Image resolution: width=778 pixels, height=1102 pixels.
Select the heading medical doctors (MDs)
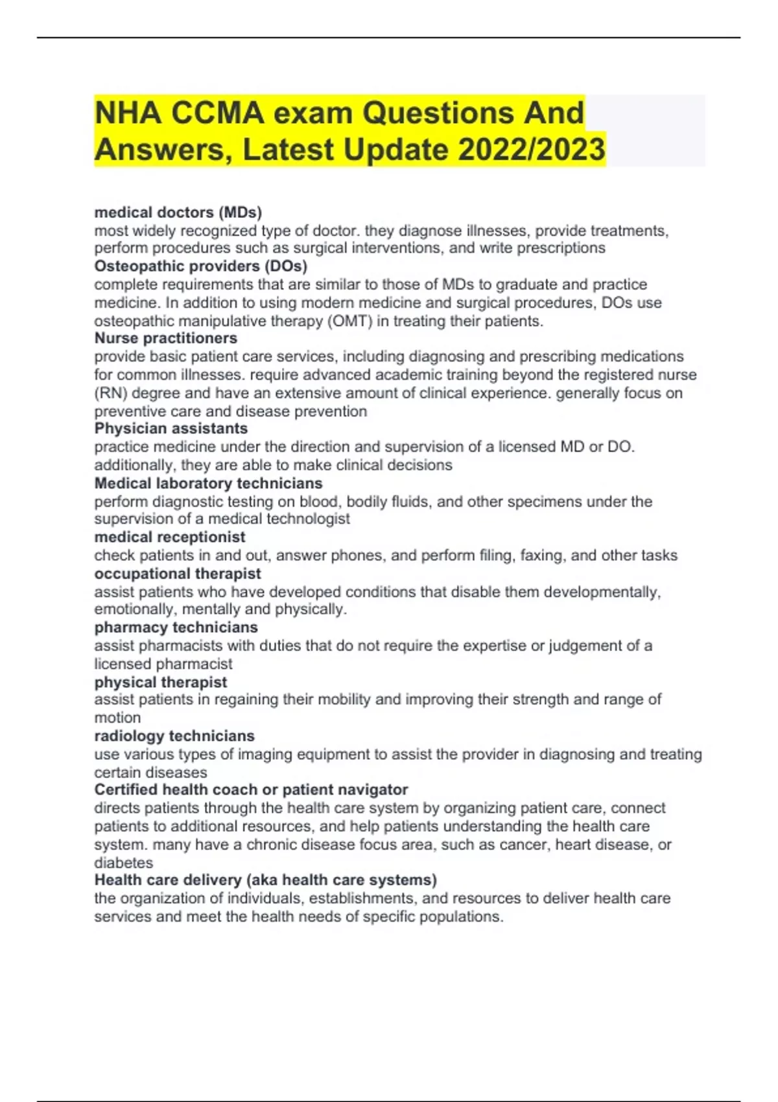178,212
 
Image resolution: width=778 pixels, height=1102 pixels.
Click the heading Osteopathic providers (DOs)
201,266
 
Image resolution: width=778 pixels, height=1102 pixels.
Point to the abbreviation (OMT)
350,321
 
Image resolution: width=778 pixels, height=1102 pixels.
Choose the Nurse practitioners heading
166,338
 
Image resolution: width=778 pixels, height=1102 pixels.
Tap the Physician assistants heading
171,428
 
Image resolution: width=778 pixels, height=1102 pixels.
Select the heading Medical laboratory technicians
208,483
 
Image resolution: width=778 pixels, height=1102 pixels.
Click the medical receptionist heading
170,537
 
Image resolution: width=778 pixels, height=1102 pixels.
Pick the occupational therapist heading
178,574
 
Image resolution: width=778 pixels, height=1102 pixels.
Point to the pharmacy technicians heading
176,627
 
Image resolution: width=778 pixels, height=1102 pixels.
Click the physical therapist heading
161,682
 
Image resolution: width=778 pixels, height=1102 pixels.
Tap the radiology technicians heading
174,736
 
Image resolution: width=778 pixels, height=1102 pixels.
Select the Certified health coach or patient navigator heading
251,790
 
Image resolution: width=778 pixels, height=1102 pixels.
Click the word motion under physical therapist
117,718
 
